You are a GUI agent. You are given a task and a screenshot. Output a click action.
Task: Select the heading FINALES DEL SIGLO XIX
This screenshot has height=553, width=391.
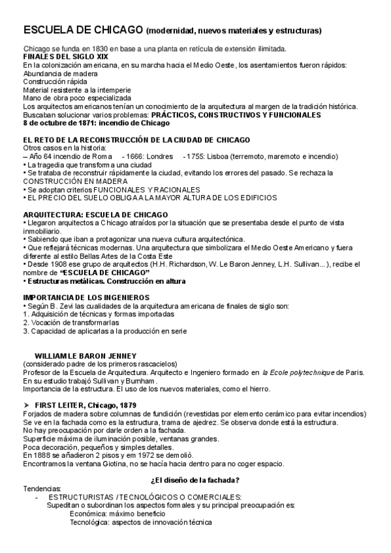click(x=59, y=57)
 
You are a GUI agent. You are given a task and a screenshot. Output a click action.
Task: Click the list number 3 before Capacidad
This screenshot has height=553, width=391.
click(x=25, y=331)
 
